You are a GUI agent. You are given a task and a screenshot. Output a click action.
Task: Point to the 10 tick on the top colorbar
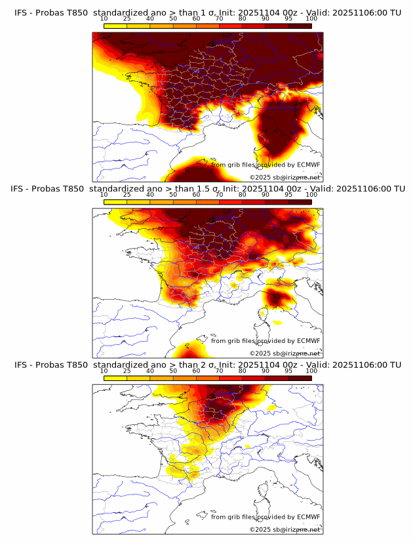coord(104,18)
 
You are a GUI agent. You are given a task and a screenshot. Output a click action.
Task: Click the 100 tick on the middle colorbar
coord(311,195)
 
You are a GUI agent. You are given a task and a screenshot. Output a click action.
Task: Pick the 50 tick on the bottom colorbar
coord(173,371)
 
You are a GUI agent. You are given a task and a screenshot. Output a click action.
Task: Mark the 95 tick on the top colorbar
coord(288,18)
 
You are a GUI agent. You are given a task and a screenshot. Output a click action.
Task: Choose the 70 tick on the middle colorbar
coord(219,195)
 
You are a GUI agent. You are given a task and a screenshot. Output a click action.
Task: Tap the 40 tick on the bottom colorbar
coord(150,371)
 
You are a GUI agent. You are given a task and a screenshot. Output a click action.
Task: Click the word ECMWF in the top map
coord(308,165)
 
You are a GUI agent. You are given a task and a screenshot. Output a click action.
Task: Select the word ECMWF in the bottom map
coord(308,517)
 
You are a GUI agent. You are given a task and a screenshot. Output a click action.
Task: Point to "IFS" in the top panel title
coord(21,12)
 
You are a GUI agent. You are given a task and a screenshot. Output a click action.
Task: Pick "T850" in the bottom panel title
coord(76,365)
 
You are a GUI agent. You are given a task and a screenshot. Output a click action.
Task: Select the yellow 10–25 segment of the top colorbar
coord(115,25)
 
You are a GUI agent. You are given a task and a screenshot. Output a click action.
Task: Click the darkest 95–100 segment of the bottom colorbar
coord(300,378)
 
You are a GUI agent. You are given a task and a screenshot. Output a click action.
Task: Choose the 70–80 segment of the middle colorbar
coord(231,201)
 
